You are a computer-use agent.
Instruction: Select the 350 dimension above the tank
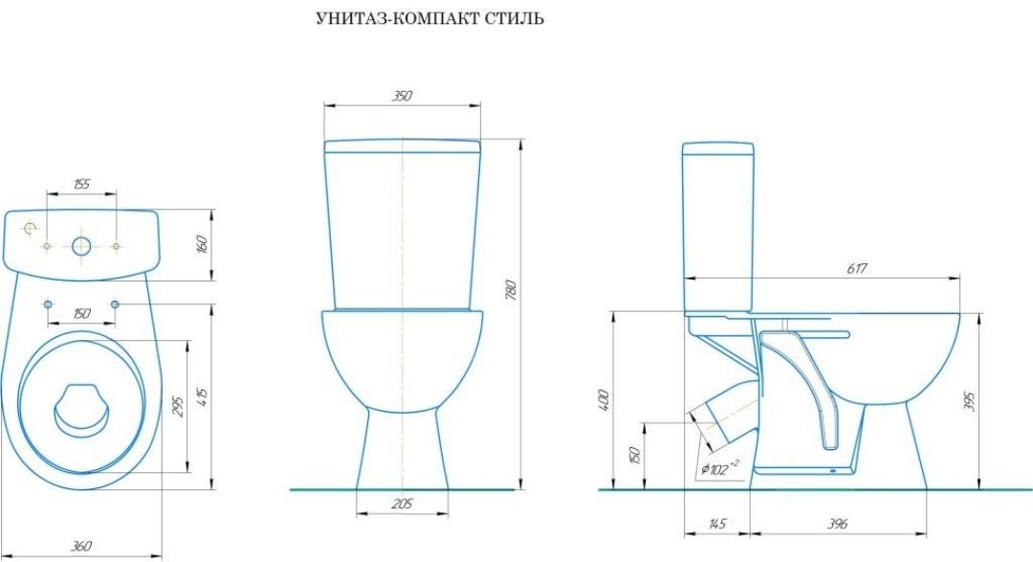pos(402,97)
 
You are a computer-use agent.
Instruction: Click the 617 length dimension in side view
pos(857,269)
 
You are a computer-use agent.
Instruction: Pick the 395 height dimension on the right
pos(970,399)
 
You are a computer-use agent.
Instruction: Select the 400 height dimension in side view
pos(603,399)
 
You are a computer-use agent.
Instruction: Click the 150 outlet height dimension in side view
pos(633,455)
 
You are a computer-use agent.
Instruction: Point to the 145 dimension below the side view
pos(718,524)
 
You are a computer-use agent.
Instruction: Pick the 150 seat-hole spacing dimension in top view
pos(81,314)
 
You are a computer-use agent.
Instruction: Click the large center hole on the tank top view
pos(81,246)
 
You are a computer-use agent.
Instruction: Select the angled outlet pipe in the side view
pos(723,414)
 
